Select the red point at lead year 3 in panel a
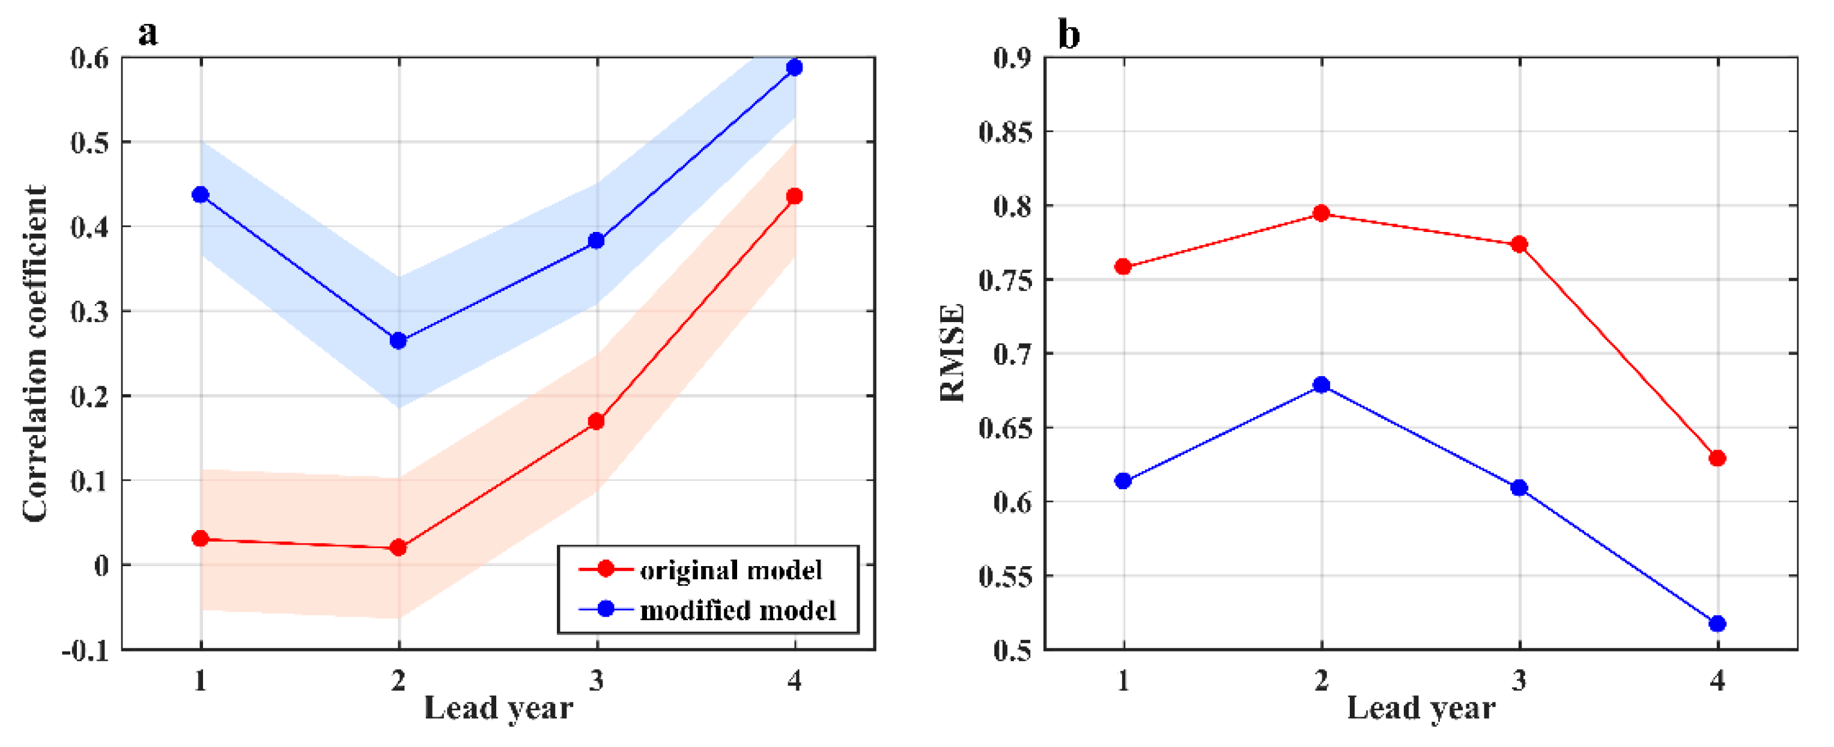tap(597, 421)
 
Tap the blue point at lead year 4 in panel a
tap(795, 68)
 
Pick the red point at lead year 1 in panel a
tap(201, 538)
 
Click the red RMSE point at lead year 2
tap(1322, 213)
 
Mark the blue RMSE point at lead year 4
tap(1717, 624)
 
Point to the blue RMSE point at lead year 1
tap(1123, 481)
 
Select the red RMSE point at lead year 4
tap(1717, 458)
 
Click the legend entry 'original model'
tap(730, 570)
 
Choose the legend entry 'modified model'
tap(738, 610)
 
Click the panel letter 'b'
tap(1069, 34)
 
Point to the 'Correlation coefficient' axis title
tap(34, 354)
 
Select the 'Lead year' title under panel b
tap(1421, 708)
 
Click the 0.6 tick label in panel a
tap(90, 58)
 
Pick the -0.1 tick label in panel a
tap(85, 650)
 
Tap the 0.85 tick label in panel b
tap(1005, 132)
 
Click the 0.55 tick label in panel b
tap(1005, 576)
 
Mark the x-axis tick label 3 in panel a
tap(597, 681)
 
